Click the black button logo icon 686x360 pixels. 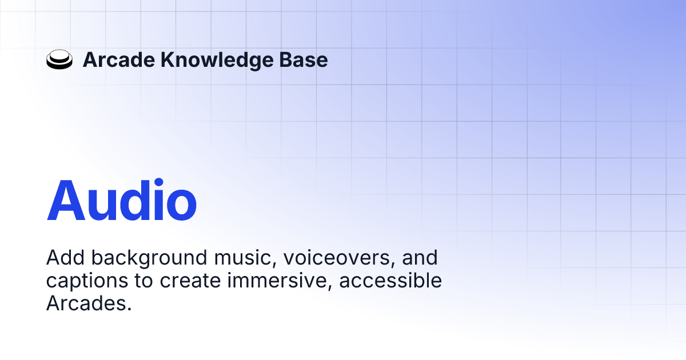point(59,60)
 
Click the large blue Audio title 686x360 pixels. point(122,201)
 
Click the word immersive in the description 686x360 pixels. point(268,281)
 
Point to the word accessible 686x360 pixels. point(388,281)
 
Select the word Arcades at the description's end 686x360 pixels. point(89,303)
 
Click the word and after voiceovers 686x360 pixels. point(420,258)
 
